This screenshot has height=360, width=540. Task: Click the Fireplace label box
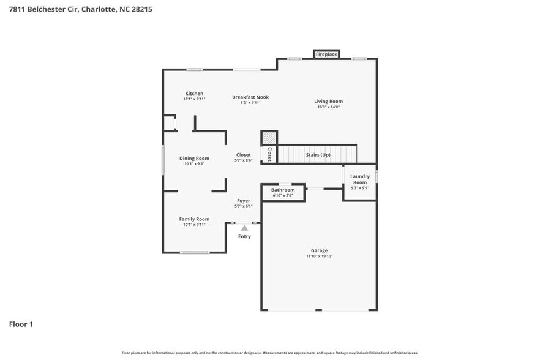point(326,54)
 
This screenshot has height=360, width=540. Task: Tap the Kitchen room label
point(194,94)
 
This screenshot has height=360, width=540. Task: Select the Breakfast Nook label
point(250,97)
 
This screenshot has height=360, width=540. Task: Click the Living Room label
point(328,102)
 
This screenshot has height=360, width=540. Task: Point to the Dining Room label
point(194,159)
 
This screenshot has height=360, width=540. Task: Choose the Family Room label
point(194,219)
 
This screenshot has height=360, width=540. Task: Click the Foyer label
point(244,201)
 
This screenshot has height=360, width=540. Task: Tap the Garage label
point(319,250)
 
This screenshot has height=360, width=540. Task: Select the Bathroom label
point(283,190)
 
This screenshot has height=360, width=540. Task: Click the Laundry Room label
point(359,179)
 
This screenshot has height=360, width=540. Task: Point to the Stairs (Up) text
point(318,155)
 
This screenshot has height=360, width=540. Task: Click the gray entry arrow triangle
point(244,228)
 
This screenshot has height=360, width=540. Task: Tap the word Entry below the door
point(244,237)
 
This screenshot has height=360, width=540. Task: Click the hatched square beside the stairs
point(269,138)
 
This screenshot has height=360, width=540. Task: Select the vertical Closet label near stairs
point(269,154)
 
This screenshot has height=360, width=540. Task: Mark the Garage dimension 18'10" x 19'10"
point(319,257)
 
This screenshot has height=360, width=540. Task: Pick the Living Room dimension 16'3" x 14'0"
point(328,107)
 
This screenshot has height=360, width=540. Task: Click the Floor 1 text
point(21,324)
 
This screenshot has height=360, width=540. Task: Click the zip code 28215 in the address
point(141,9)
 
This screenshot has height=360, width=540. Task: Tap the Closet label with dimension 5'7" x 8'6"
point(244,155)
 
